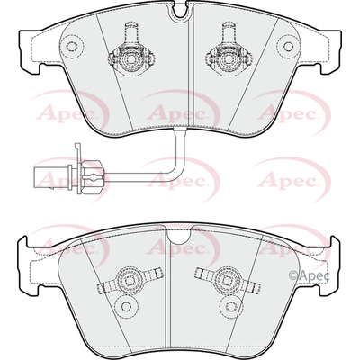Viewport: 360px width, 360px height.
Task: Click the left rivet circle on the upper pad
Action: pos(71,46)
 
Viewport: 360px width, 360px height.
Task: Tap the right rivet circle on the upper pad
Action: pos(288,46)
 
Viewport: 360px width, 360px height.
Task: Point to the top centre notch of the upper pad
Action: pos(180,10)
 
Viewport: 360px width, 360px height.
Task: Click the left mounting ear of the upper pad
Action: pos(30,51)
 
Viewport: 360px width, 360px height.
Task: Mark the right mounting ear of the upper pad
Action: pos(330,51)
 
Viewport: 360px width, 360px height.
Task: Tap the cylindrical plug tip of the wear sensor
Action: pos(52,178)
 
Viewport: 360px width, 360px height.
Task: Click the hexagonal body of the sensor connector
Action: pos(91,176)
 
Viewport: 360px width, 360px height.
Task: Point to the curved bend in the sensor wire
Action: pos(178,170)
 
